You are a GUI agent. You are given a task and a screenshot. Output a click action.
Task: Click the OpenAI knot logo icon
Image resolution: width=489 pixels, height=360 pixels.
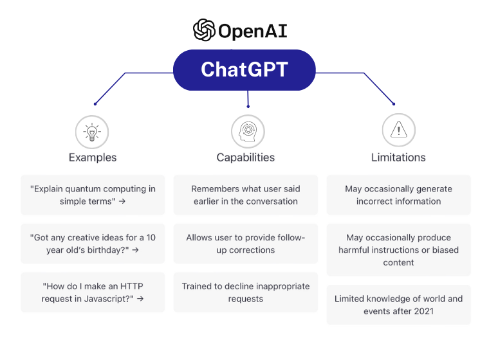click(204, 30)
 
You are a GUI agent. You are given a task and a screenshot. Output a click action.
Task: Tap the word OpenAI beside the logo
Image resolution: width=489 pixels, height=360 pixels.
click(253, 31)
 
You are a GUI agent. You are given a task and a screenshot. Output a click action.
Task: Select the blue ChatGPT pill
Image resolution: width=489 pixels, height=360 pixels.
click(244, 70)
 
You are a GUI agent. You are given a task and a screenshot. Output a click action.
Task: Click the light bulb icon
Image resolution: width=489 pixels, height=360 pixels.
click(92, 132)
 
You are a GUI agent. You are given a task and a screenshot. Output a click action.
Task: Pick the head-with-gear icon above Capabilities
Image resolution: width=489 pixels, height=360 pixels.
click(248, 132)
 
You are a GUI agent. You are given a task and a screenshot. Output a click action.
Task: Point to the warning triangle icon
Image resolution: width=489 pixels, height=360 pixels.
click(398, 130)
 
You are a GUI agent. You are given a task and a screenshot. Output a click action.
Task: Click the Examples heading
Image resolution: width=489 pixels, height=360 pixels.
click(93, 157)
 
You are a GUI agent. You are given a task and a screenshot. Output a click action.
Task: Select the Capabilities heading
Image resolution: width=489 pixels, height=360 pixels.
click(246, 157)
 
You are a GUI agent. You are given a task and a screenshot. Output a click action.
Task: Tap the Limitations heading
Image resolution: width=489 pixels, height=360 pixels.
click(398, 157)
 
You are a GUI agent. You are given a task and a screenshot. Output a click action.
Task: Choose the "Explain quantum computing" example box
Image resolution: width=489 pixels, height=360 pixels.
click(93, 195)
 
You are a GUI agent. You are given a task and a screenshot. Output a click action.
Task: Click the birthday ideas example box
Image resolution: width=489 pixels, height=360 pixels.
click(93, 244)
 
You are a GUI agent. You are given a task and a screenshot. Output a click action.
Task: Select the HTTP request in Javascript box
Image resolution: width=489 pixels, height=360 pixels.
click(93, 292)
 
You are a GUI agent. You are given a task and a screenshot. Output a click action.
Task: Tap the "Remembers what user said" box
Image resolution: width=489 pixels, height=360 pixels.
click(246, 195)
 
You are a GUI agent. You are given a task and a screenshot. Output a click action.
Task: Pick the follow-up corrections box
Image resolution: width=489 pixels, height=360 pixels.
click(246, 244)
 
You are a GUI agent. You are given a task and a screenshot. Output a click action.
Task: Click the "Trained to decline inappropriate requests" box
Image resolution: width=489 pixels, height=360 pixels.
click(246, 292)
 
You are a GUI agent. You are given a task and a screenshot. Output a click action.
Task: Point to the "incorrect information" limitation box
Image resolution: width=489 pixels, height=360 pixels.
click(398, 195)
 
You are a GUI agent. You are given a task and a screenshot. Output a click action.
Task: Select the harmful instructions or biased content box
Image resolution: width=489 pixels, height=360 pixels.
click(398, 249)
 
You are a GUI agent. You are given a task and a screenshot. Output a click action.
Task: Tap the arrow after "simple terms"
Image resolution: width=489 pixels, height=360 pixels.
click(122, 201)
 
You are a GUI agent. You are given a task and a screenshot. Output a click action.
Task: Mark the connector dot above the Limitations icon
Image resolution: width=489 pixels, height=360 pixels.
click(394, 104)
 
